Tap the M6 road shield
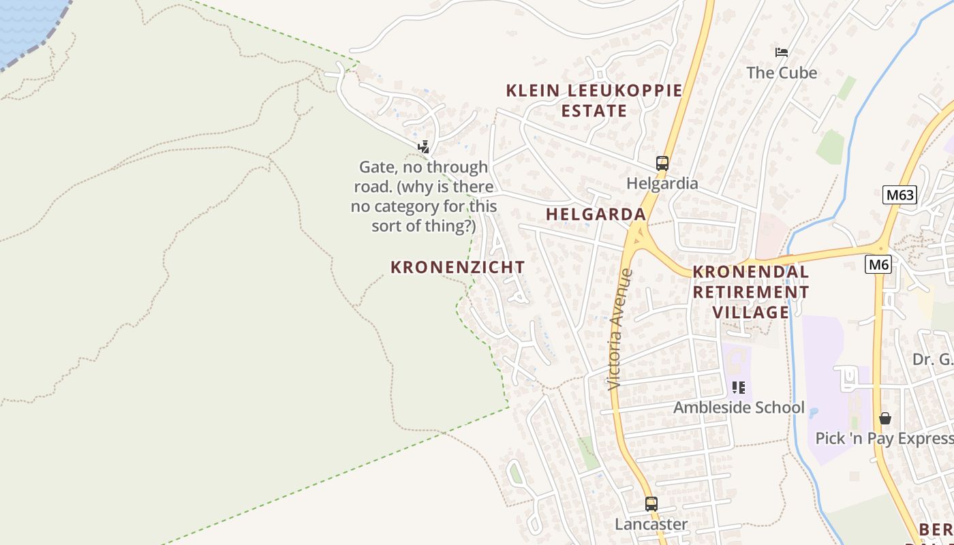click(878, 264)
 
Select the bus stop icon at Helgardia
click(662, 163)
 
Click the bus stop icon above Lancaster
click(651, 504)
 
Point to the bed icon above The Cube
click(782, 52)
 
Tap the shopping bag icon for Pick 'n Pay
click(884, 418)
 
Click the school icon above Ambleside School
click(739, 388)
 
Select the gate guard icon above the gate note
click(423, 146)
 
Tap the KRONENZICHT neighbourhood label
click(457, 267)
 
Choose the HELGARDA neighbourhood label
click(596, 214)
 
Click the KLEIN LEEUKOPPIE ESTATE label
click(594, 100)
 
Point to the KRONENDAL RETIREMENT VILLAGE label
click(751, 292)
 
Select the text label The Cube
click(782, 72)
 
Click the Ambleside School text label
click(739, 407)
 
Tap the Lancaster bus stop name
click(651, 524)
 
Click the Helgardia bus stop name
click(662, 183)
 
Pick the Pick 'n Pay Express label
click(884, 438)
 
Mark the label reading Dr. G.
click(933, 359)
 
